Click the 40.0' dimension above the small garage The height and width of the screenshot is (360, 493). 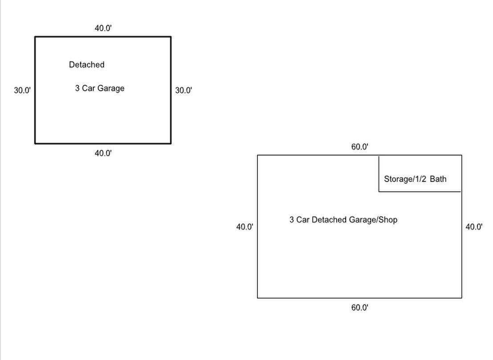(x=103, y=28)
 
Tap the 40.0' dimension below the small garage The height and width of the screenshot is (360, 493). (x=103, y=154)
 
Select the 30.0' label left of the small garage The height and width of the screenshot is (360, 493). (x=22, y=90)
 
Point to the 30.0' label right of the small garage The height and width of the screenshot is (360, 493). (x=183, y=90)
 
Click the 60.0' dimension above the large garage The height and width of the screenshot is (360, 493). (x=360, y=147)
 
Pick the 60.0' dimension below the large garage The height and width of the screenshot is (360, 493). (x=360, y=307)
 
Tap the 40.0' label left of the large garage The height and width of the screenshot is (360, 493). (x=244, y=227)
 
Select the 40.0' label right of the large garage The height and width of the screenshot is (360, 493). (x=474, y=227)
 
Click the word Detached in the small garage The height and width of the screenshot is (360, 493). (x=86, y=65)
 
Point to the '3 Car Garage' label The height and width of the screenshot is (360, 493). (x=100, y=88)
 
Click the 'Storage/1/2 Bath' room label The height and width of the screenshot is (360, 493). (x=415, y=179)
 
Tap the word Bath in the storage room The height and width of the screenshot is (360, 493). (x=438, y=179)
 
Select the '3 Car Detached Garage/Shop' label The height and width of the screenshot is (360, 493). (x=343, y=220)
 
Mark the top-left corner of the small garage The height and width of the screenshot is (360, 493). (x=35, y=37)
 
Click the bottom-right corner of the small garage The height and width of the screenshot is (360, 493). (x=171, y=143)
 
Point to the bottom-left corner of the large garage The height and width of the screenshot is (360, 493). (x=257, y=298)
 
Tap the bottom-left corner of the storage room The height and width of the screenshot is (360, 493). (x=379, y=192)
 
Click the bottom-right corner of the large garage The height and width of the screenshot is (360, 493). (x=462, y=298)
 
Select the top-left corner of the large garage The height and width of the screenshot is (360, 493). (x=257, y=155)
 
